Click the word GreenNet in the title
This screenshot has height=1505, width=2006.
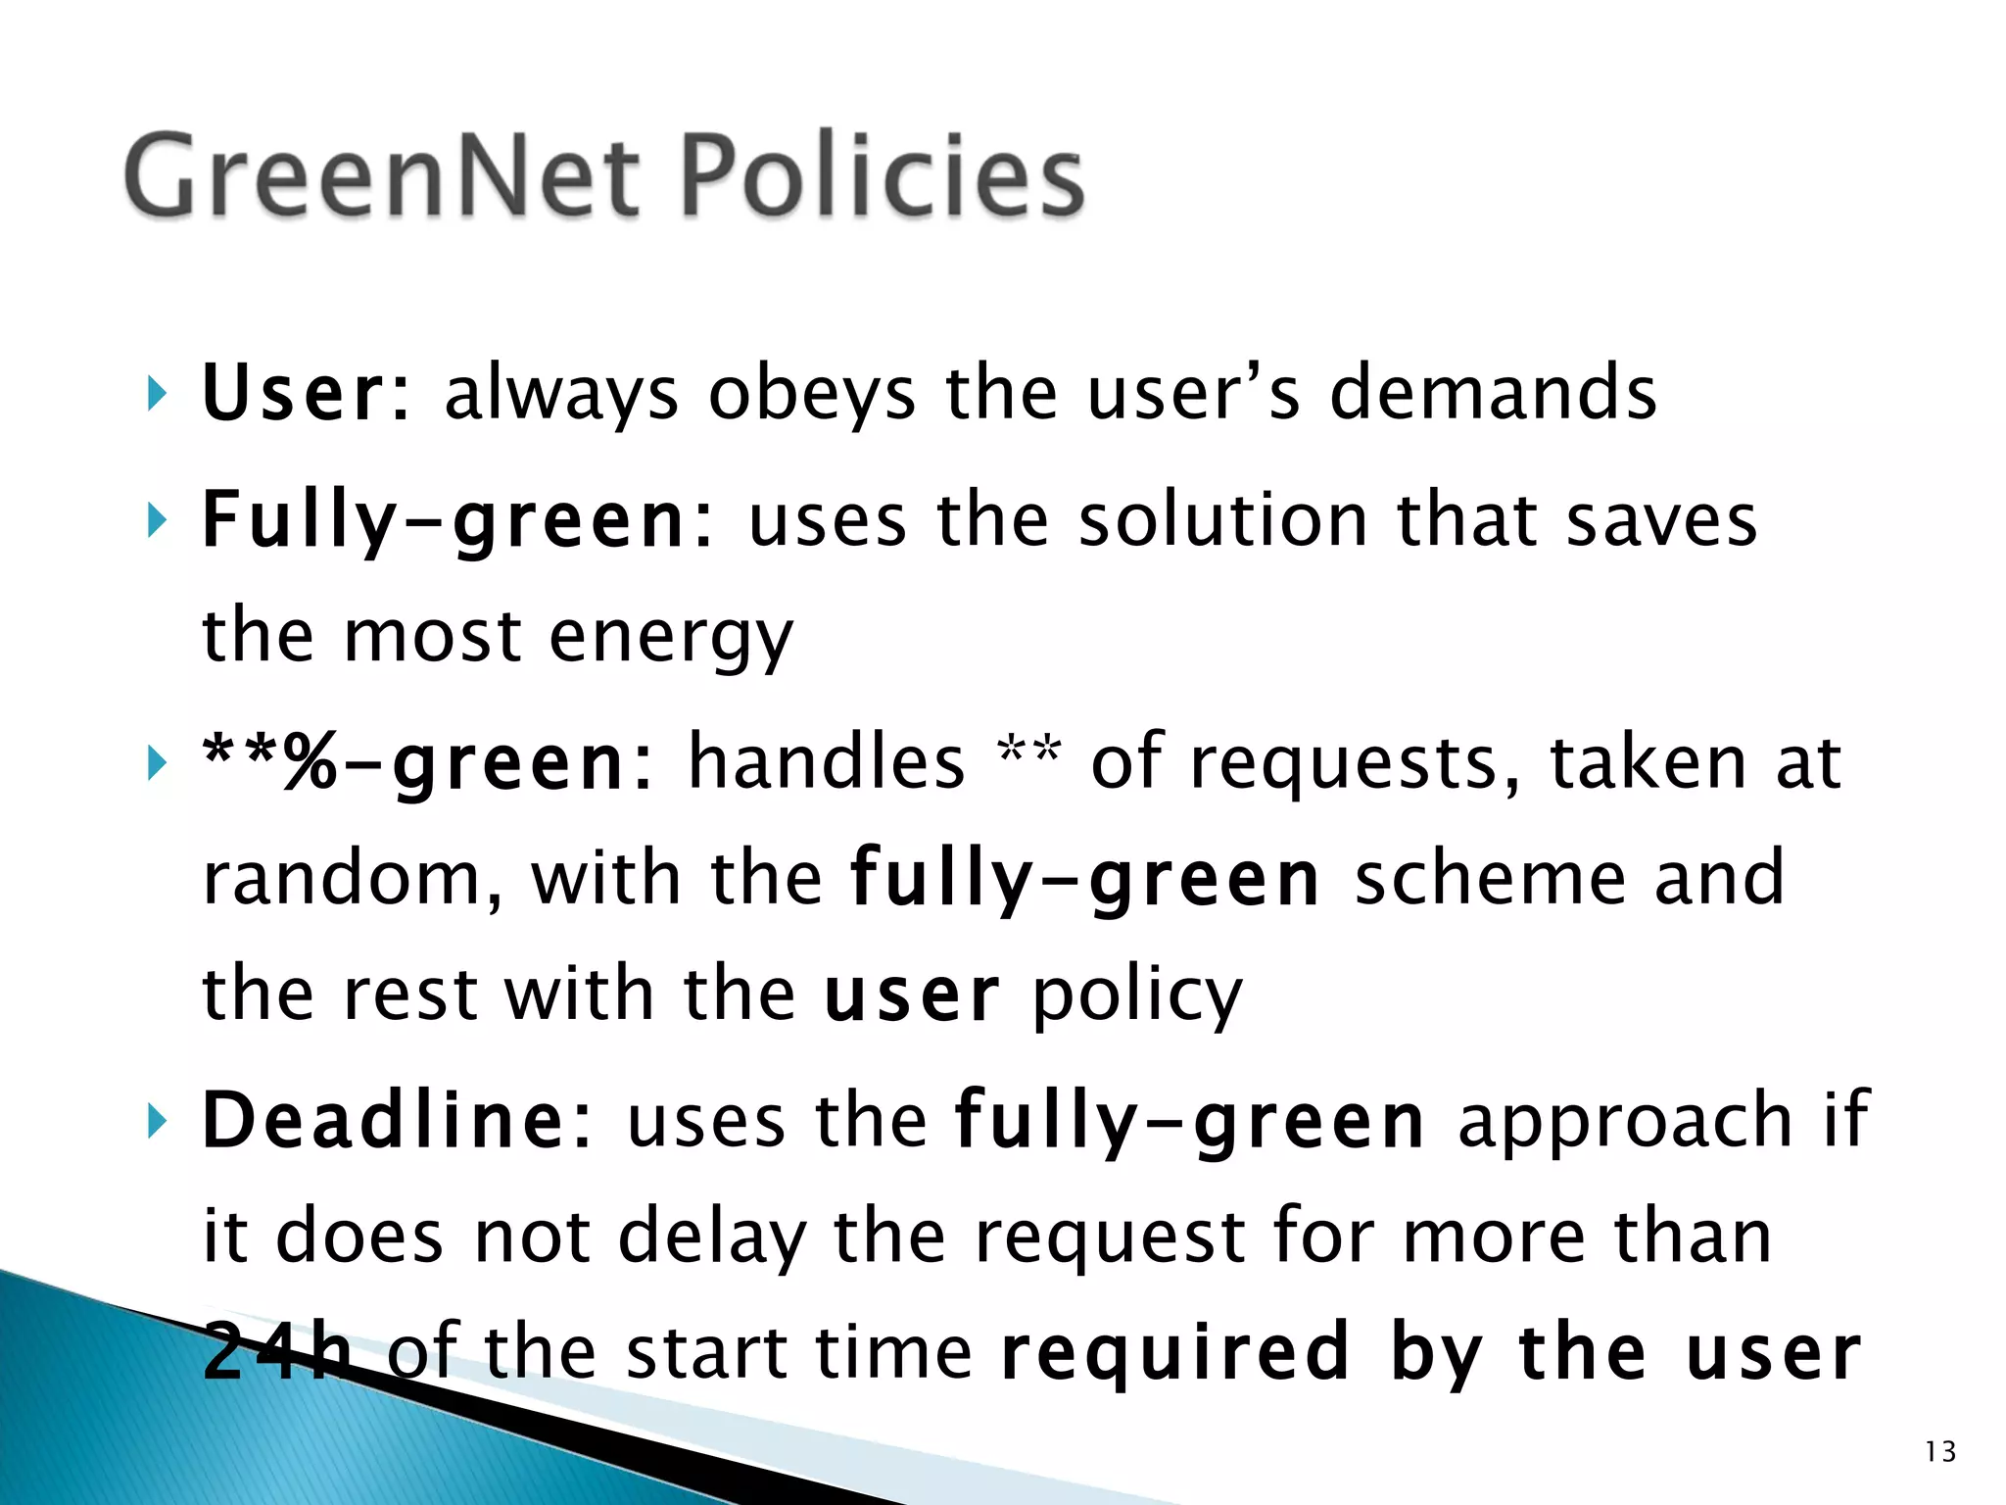383,176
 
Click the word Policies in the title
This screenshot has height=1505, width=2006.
882,176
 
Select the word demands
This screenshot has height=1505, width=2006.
1493,392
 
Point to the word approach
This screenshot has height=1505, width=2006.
1627,1122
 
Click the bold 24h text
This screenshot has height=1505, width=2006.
277,1352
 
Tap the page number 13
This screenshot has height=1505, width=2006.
1939,1451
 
